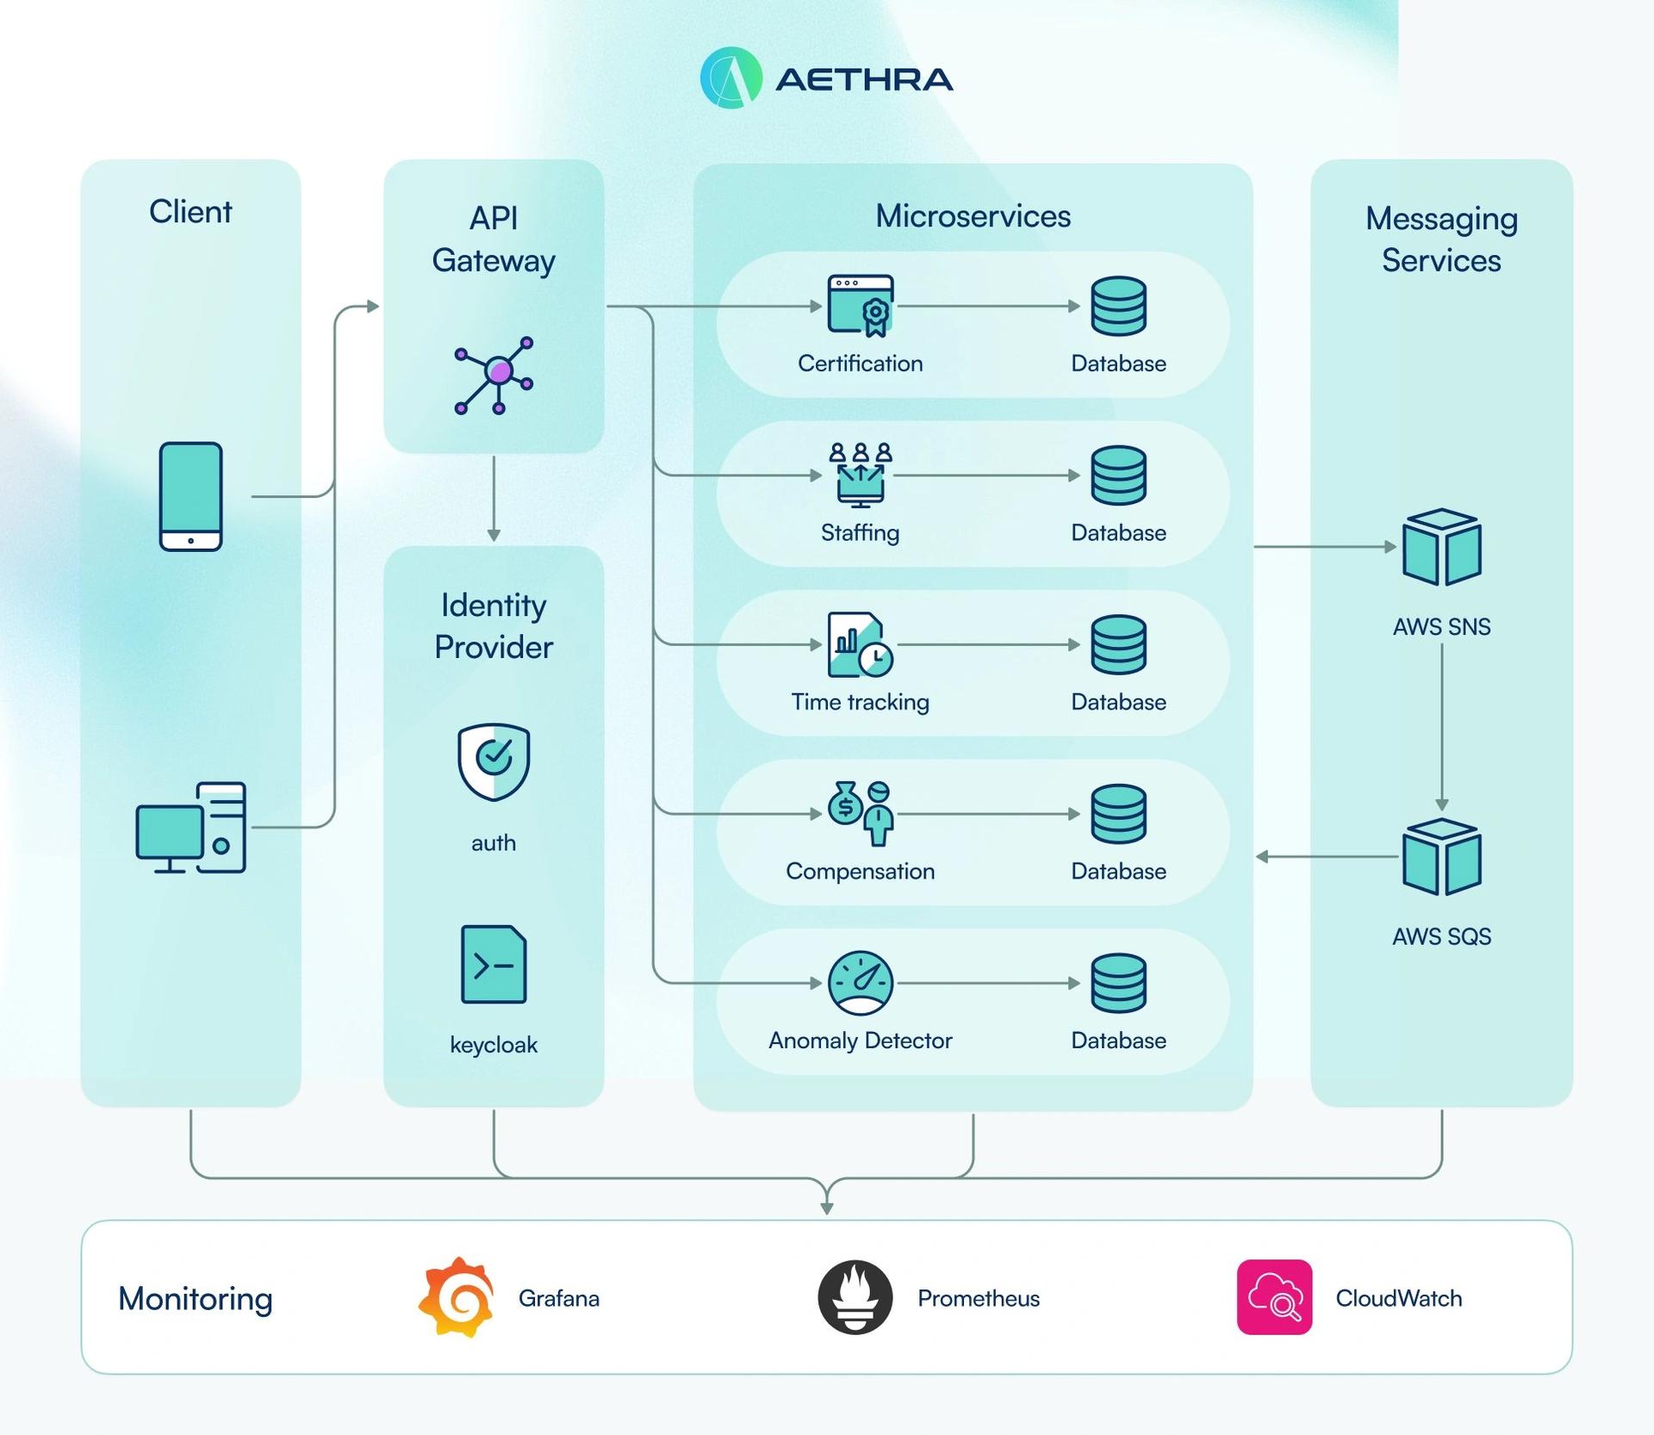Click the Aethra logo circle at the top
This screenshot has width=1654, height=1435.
731,78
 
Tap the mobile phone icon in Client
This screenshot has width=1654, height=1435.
190,496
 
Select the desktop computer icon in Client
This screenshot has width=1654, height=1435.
190,827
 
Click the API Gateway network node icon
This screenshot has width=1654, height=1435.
494,376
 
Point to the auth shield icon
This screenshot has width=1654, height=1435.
494,762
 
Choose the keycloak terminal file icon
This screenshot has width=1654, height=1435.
494,965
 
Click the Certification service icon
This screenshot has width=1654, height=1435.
860,306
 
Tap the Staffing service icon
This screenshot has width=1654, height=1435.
860,475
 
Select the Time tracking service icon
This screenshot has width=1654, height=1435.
860,644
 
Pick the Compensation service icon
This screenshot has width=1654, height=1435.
860,813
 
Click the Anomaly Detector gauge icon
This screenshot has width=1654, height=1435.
860,983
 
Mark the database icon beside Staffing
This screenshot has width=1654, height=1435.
1118,475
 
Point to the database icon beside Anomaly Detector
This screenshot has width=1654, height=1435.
1118,983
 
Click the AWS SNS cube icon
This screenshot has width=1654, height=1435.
1441,547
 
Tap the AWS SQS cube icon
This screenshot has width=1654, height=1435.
1441,857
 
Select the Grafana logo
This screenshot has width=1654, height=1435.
457,1297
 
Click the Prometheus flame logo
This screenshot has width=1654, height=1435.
855,1297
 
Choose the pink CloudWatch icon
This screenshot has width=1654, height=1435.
1274,1297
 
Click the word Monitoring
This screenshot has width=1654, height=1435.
196,1298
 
